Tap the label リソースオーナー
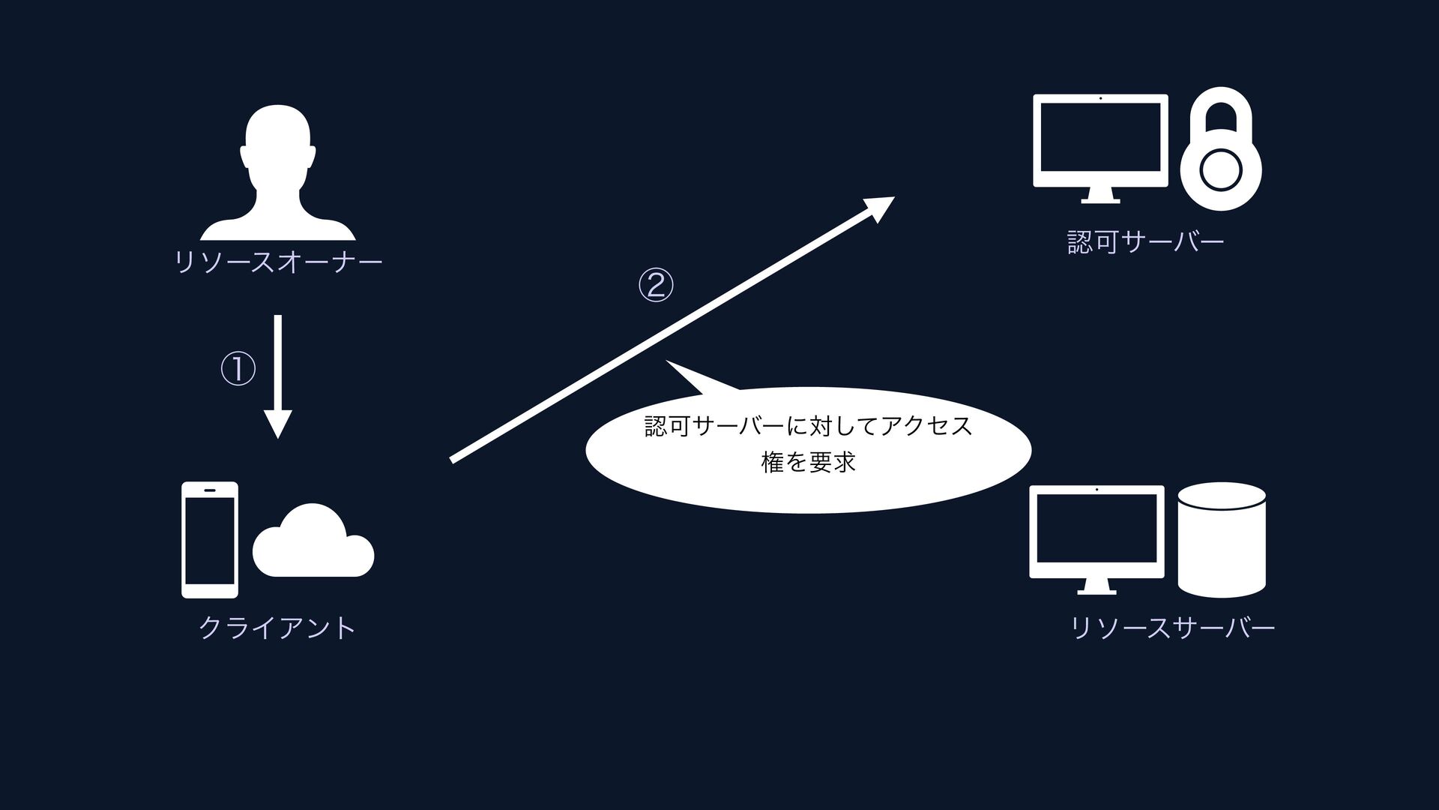coord(278,262)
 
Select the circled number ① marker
coord(238,370)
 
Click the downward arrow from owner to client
coord(278,375)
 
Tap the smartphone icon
coord(210,540)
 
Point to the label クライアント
coord(278,628)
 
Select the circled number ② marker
coord(656,286)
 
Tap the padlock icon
coord(1221,150)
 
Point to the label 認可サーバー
coord(1145,242)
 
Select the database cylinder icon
coord(1222,540)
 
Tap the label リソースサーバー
coord(1173,628)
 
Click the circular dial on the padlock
coord(1221,170)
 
